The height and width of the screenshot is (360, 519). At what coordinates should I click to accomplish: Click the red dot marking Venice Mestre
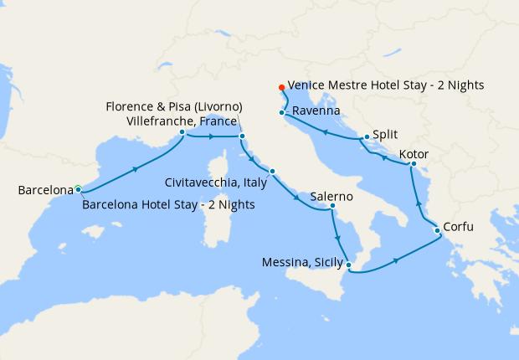(x=281, y=87)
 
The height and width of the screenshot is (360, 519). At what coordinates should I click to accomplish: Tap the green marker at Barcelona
(x=78, y=188)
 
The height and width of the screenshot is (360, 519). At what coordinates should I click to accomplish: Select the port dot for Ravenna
(x=282, y=111)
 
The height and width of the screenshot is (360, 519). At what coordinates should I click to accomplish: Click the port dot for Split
(x=367, y=137)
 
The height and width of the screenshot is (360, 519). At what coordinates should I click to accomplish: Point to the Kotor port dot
(x=413, y=164)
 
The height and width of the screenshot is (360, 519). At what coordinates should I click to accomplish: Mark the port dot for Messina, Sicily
(x=349, y=267)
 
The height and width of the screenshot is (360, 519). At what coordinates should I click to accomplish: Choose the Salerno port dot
(x=332, y=206)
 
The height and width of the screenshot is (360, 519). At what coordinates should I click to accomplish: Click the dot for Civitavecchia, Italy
(x=272, y=172)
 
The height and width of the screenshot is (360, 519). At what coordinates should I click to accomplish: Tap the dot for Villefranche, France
(x=182, y=131)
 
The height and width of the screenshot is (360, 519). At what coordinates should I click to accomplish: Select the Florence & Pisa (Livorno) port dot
(x=242, y=136)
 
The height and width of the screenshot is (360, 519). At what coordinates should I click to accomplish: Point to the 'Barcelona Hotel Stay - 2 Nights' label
(x=168, y=205)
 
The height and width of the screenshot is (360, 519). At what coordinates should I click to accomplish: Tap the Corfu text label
(x=463, y=227)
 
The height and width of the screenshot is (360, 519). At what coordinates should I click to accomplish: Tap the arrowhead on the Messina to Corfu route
(x=396, y=260)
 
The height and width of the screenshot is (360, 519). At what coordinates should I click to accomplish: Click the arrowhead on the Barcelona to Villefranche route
(x=134, y=169)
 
